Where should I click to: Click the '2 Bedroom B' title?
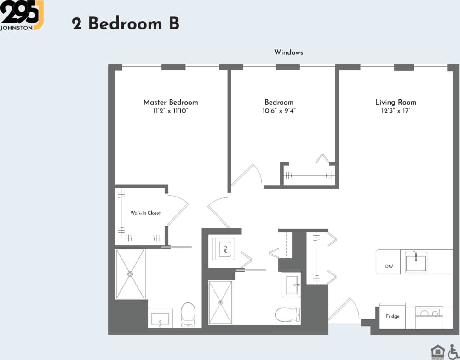[125, 23]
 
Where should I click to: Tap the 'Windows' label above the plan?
[288, 52]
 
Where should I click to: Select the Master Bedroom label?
[171, 102]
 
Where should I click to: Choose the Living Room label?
[396, 102]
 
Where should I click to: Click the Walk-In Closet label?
[145, 213]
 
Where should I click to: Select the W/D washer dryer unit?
[225, 250]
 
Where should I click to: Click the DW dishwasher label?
[389, 267]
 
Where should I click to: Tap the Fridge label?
[392, 316]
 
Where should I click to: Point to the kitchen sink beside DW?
[416, 262]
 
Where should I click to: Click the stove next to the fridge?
[428, 314]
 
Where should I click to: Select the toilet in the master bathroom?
[188, 314]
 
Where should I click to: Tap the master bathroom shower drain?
[130, 274]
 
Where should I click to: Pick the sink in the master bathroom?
[160, 318]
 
